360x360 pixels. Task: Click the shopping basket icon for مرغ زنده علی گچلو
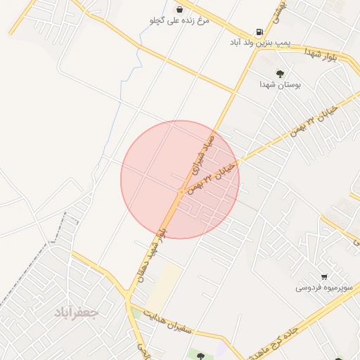click(181, 9)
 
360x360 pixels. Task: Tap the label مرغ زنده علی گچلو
click(180, 21)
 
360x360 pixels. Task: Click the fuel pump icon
click(260, 32)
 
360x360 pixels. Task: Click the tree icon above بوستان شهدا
click(281, 72)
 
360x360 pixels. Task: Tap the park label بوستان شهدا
click(281, 84)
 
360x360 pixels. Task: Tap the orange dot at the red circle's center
click(181, 191)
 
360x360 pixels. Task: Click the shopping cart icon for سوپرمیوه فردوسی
click(323, 276)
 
